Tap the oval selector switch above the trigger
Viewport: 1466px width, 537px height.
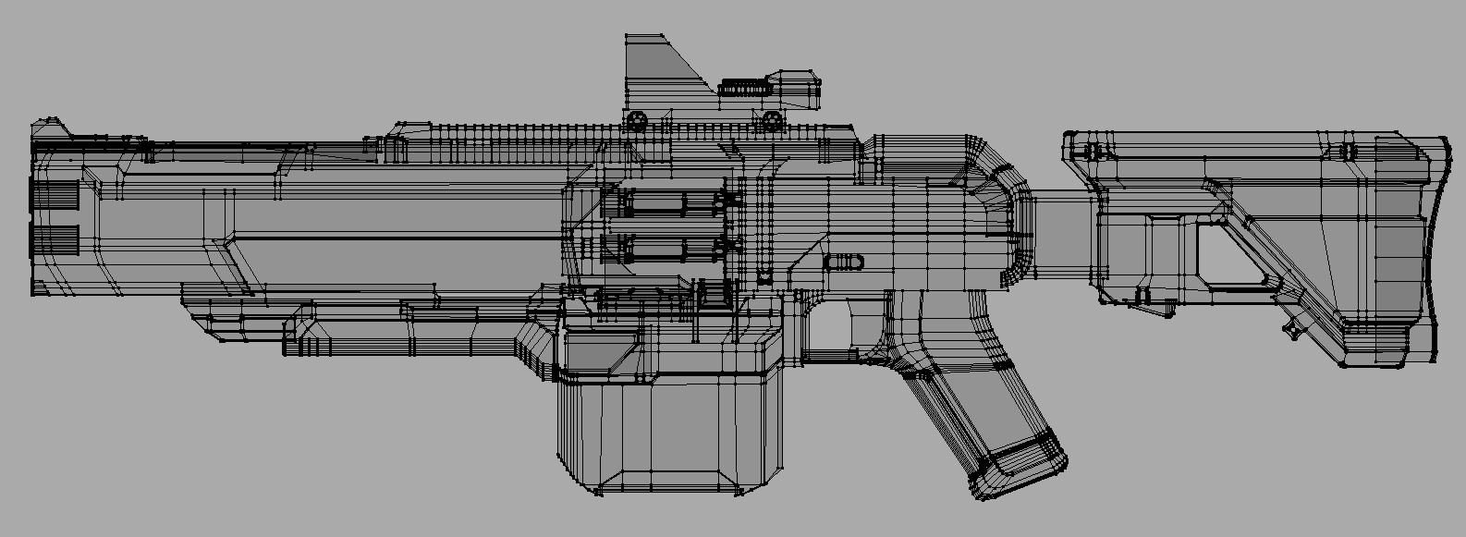pos(845,262)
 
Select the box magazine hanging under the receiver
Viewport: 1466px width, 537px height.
pos(670,434)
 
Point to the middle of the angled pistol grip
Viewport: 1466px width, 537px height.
pos(980,407)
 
